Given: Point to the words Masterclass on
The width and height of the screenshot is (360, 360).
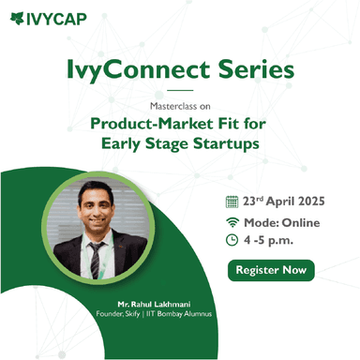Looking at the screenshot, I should coord(180,106).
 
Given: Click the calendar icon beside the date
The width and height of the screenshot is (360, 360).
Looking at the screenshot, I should coord(232,201).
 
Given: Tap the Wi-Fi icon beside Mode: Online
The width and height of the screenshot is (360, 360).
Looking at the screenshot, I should coord(232,221).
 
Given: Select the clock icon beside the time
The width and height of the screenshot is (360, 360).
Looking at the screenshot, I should coord(232,241).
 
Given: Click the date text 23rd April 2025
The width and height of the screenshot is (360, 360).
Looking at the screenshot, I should coord(283,201).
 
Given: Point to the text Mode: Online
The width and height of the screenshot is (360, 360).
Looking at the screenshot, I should coord(281,222).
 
